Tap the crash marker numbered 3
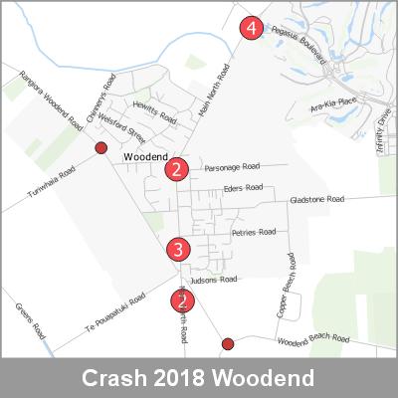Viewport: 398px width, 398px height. click(178, 249)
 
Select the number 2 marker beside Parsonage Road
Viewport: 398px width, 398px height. click(176, 169)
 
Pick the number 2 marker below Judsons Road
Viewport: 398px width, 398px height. click(181, 299)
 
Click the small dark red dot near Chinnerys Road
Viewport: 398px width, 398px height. click(99, 148)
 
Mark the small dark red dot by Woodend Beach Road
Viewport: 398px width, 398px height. click(228, 344)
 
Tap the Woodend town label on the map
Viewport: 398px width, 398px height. click(142, 158)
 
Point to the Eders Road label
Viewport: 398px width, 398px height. click(242, 187)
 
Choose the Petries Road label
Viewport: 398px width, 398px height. click(253, 233)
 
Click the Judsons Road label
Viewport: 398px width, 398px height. click(216, 280)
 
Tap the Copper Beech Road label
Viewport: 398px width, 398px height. click(285, 286)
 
